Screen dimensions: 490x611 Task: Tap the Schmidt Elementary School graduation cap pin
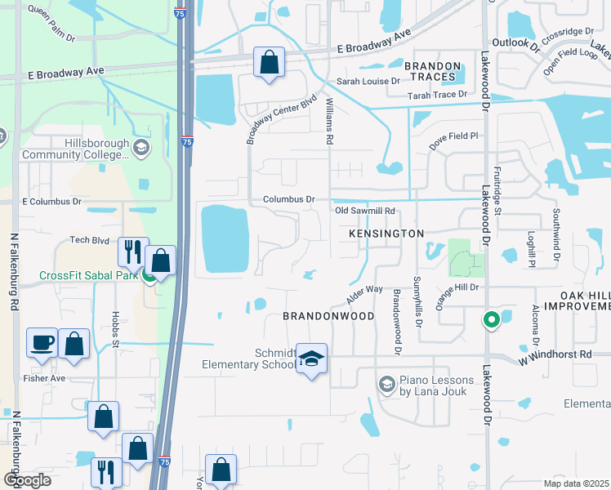click(x=311, y=359)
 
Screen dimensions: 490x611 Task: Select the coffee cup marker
click(x=42, y=343)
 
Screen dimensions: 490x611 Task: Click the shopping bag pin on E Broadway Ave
click(x=269, y=62)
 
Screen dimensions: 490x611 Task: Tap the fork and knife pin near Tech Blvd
click(x=133, y=252)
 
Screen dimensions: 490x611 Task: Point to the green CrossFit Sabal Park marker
click(x=149, y=275)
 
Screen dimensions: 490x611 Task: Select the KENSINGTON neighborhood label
click(x=386, y=234)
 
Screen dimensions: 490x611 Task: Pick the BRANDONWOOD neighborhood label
click(x=328, y=315)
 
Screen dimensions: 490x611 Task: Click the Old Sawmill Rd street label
click(x=366, y=211)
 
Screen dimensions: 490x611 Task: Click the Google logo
click(x=26, y=480)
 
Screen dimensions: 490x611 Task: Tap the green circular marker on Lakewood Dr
click(x=490, y=320)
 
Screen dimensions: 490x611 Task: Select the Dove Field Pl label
click(x=453, y=136)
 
